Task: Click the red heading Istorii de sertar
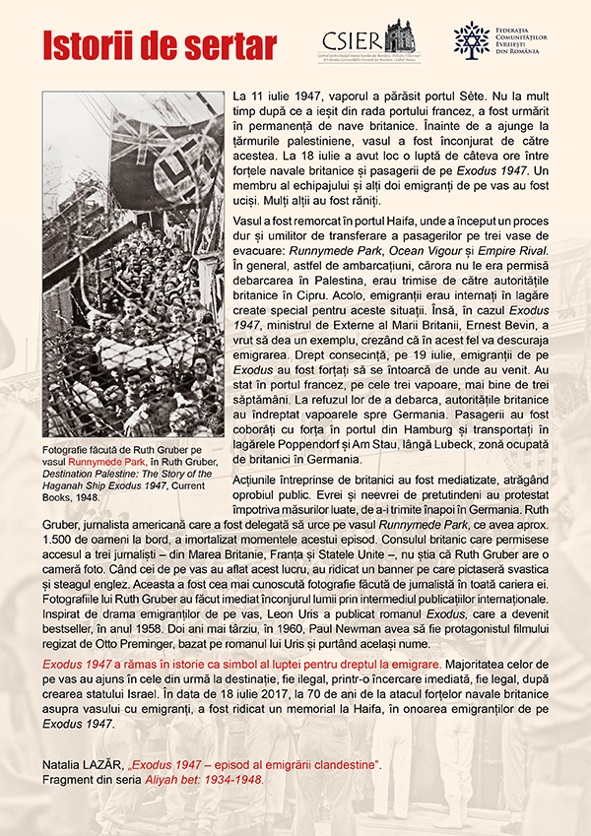coord(144,44)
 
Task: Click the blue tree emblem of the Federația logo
coord(471,38)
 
